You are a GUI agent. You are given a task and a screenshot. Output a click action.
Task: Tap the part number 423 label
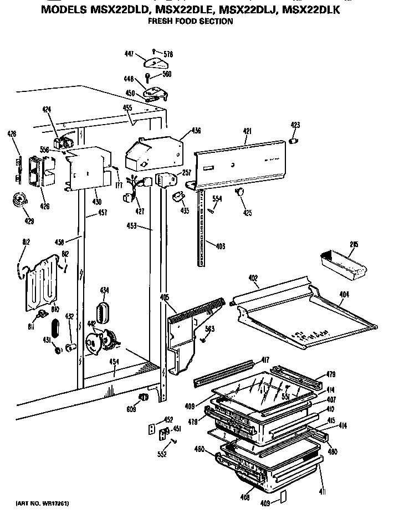(x=295, y=125)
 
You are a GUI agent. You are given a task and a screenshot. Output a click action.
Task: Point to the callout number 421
(x=247, y=131)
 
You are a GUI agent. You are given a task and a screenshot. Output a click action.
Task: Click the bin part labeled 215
(x=343, y=265)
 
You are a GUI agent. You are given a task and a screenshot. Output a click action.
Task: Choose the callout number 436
(x=196, y=131)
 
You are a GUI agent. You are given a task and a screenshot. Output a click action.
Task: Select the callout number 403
(x=221, y=245)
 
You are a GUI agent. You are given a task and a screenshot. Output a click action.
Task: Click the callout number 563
(x=209, y=329)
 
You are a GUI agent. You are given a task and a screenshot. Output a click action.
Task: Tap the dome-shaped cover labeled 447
(x=151, y=56)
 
